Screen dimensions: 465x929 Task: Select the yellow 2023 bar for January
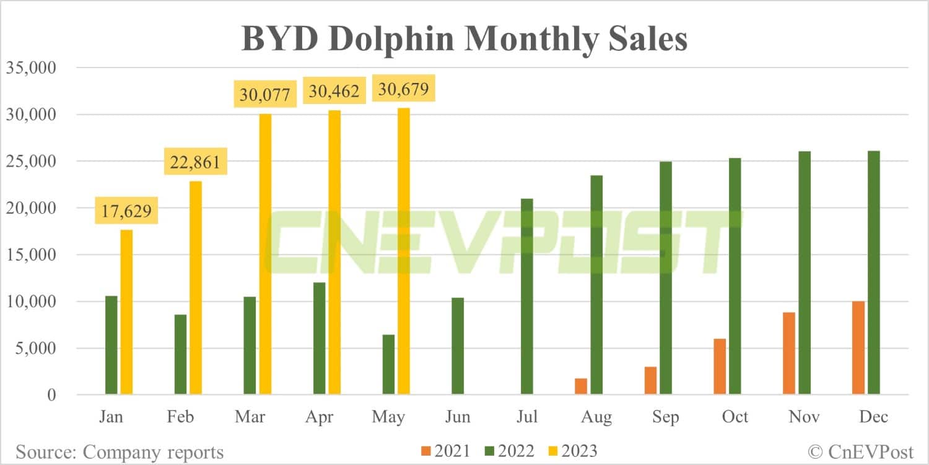(126, 312)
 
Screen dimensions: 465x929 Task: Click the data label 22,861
(195, 163)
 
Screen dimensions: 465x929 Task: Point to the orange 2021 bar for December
(858, 348)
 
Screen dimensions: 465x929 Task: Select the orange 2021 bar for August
(581, 386)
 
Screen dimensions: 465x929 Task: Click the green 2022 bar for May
(389, 365)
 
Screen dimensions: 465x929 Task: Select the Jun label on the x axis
(458, 417)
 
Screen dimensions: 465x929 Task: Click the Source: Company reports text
(120, 452)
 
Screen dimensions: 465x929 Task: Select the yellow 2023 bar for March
(265, 254)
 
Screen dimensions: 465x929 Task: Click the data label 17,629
(126, 212)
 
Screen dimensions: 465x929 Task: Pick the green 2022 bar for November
(804, 272)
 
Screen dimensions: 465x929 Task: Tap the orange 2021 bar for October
(720, 367)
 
